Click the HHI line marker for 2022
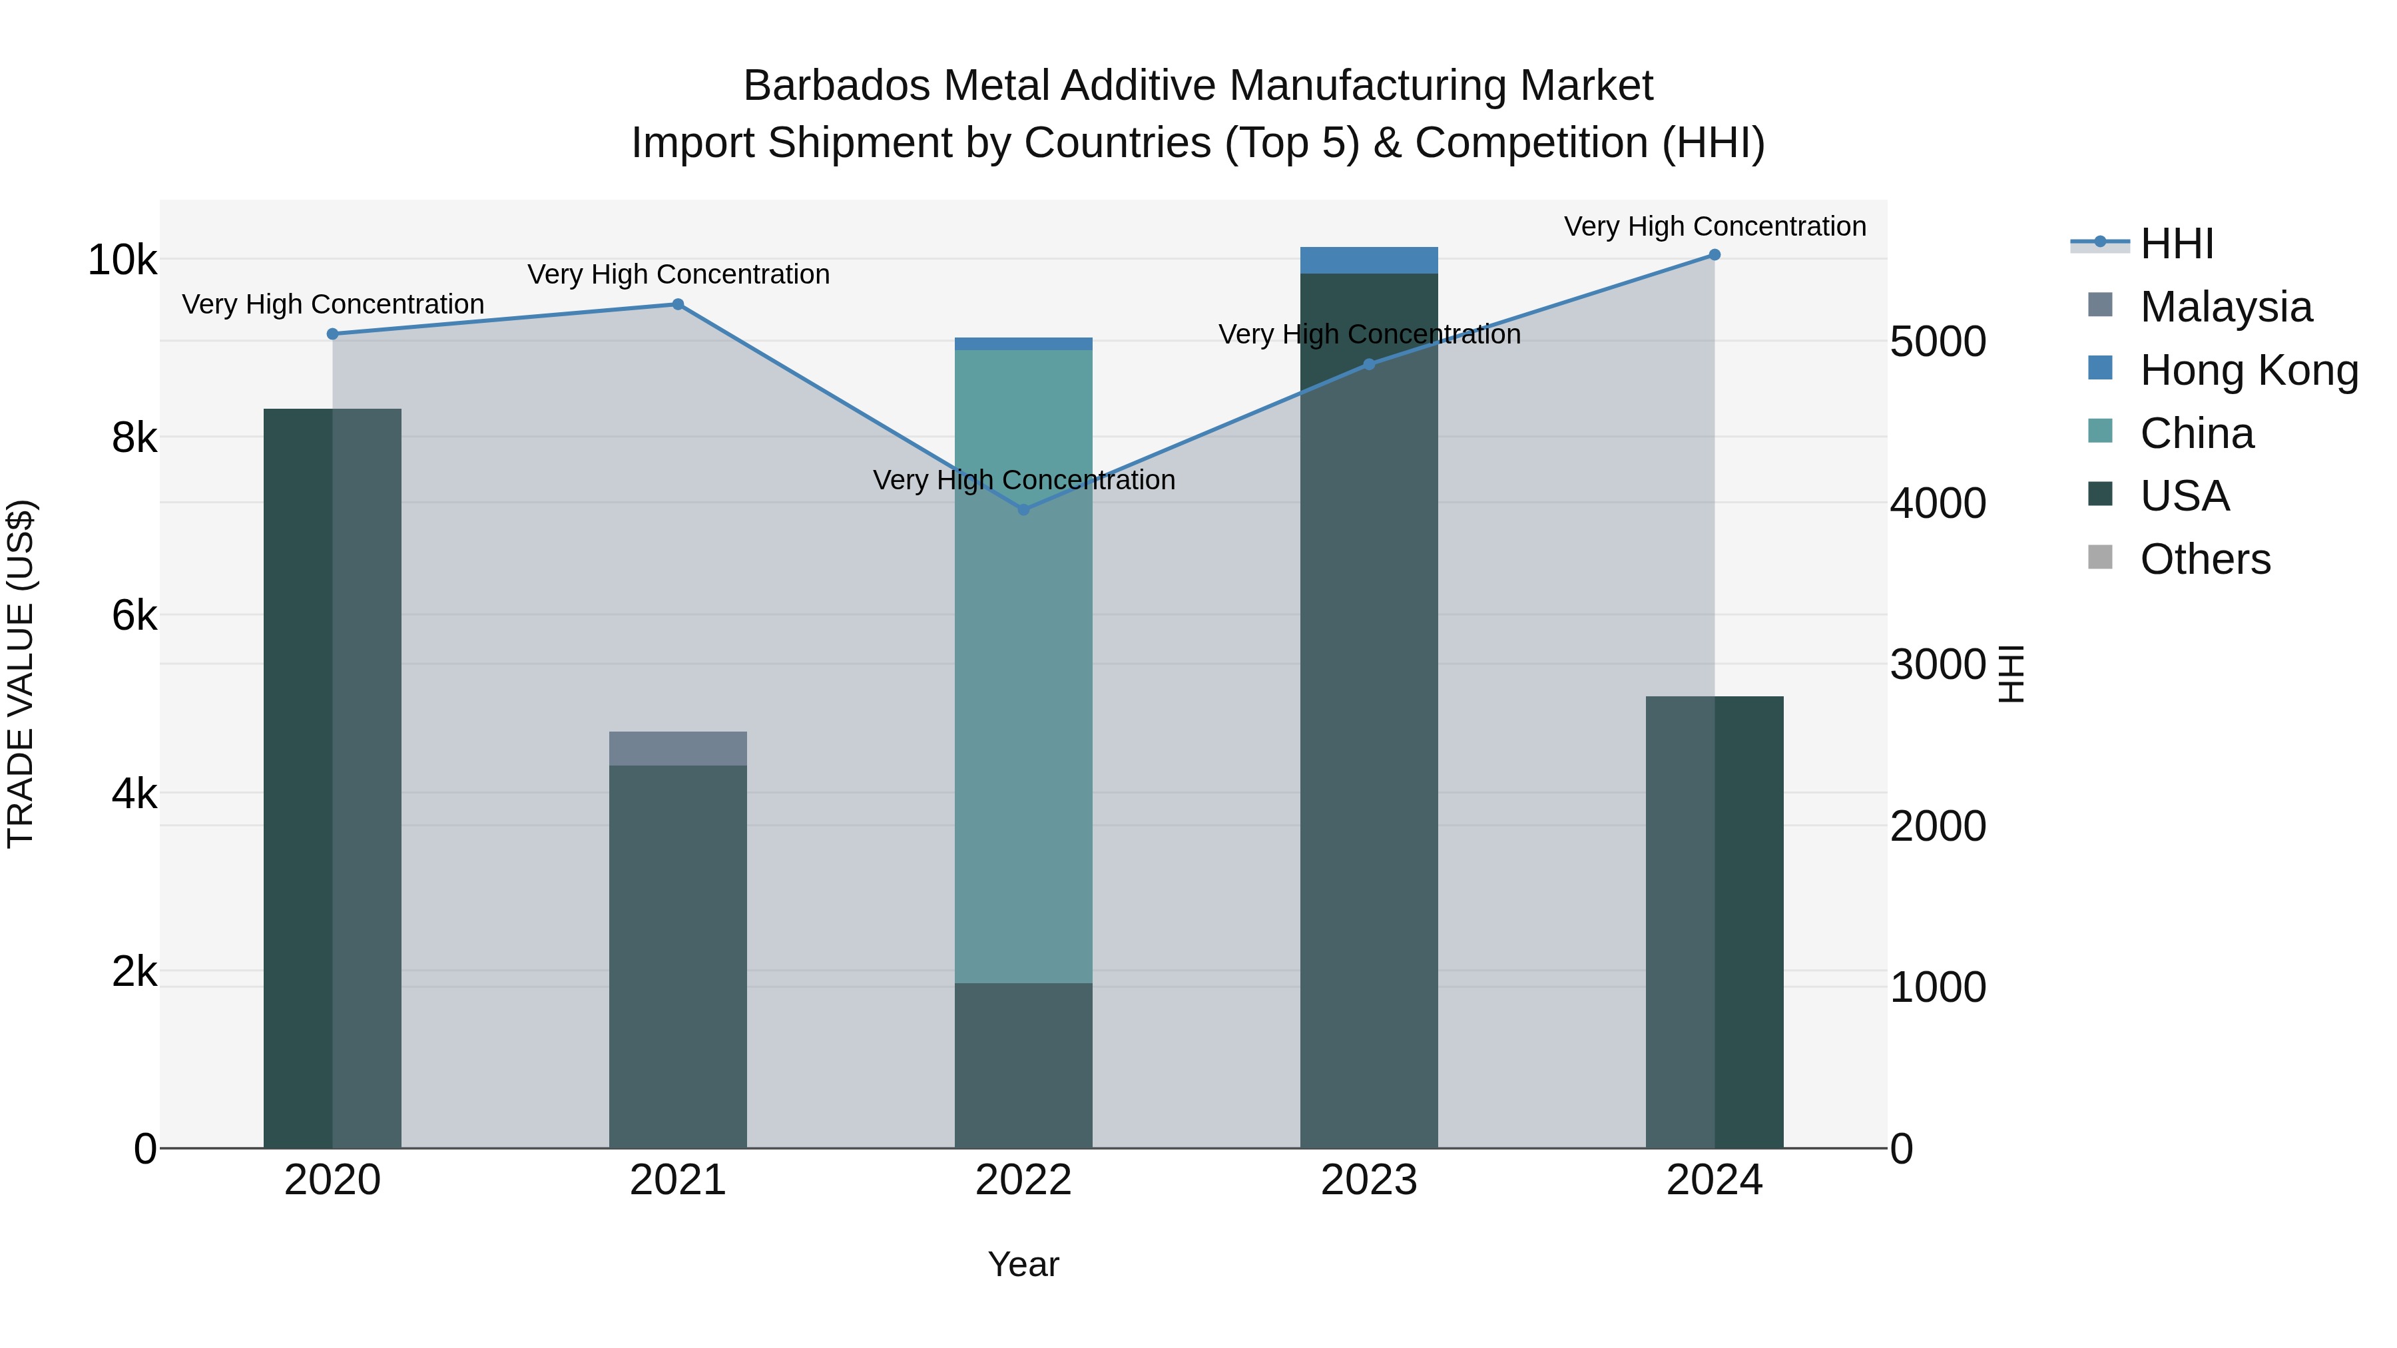tap(1023, 510)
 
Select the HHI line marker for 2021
tap(678, 304)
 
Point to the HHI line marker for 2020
tap(332, 334)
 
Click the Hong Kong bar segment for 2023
tap(1369, 260)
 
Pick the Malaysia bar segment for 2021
tap(678, 749)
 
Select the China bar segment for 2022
tap(1023, 666)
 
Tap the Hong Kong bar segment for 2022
tap(1023, 344)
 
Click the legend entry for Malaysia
tap(2225, 307)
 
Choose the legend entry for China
tap(2196, 433)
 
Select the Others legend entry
tap(2205, 559)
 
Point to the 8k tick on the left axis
tap(134, 437)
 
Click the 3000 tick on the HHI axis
tap(1938, 664)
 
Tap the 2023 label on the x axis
tap(1369, 1180)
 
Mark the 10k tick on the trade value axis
tap(123, 260)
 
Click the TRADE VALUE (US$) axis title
tap(21, 674)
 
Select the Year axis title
tap(1023, 1264)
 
